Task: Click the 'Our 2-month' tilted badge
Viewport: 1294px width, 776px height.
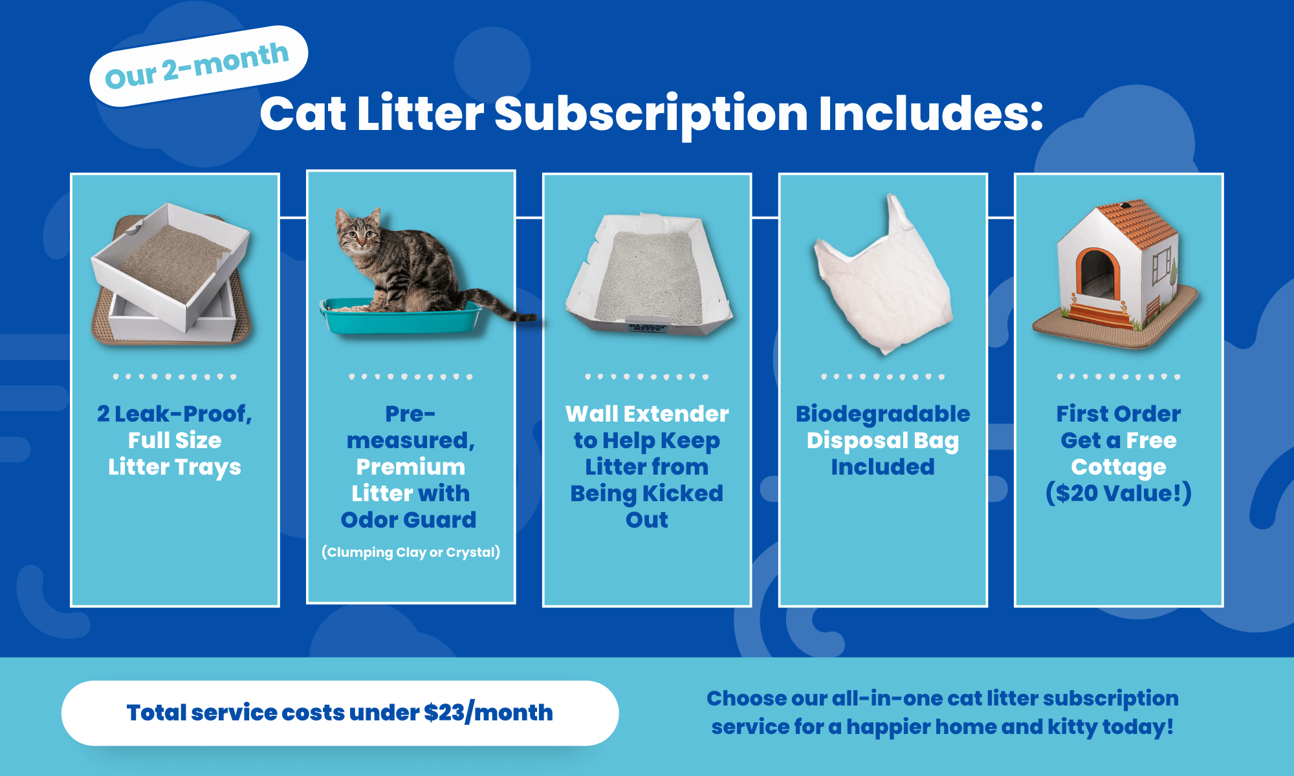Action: (198, 65)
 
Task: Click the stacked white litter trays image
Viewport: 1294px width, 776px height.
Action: (172, 272)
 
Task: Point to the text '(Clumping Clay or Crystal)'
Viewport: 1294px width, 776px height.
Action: (411, 552)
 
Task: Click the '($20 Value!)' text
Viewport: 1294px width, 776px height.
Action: (1119, 493)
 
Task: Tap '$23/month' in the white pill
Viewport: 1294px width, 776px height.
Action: (488, 713)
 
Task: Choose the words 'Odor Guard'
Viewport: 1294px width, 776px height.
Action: (408, 520)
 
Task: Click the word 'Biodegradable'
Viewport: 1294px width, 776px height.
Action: (883, 414)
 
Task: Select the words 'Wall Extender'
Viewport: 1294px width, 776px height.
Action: (647, 414)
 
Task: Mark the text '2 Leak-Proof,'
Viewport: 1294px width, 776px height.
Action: (175, 414)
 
